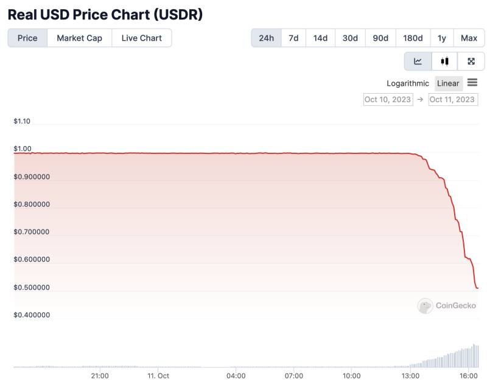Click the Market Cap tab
[x=80, y=38]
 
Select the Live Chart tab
[x=142, y=38]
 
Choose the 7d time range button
[x=293, y=38]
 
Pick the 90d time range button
[x=380, y=38]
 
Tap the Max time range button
[x=469, y=38]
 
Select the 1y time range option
[x=442, y=38]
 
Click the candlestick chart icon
[x=444, y=61]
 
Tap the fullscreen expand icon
[x=471, y=61]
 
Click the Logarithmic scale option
[x=407, y=83]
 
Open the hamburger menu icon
[x=472, y=83]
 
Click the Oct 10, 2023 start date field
[x=388, y=100]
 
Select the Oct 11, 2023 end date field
[x=453, y=100]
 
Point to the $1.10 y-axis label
[x=22, y=121]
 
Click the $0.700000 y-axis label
[x=32, y=232]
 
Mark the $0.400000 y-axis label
[x=32, y=315]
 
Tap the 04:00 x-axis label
[x=236, y=376]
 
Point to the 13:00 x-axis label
[x=410, y=376]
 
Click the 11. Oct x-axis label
[x=158, y=376]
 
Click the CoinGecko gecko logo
[x=425, y=306]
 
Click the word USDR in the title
[x=178, y=15]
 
